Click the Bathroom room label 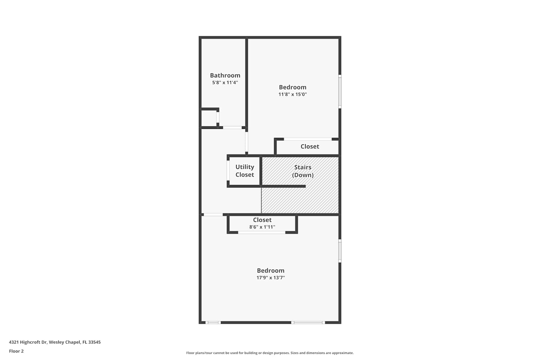225,75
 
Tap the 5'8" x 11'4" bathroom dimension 225,82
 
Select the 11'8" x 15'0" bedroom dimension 292,94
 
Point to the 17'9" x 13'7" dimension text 270,278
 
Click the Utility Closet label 245,171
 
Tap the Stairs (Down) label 303,171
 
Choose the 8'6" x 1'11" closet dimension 262,227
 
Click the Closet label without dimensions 310,147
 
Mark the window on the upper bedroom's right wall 340,91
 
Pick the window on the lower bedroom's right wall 340,251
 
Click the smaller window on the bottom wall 213,323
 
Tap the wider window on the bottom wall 308,323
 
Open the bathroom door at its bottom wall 233,127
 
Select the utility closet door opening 228,171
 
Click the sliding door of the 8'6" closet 262,233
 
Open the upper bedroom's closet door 308,139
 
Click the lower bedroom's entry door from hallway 213,215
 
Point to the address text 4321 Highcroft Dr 28,342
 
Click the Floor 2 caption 17,351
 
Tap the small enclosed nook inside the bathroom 209,118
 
